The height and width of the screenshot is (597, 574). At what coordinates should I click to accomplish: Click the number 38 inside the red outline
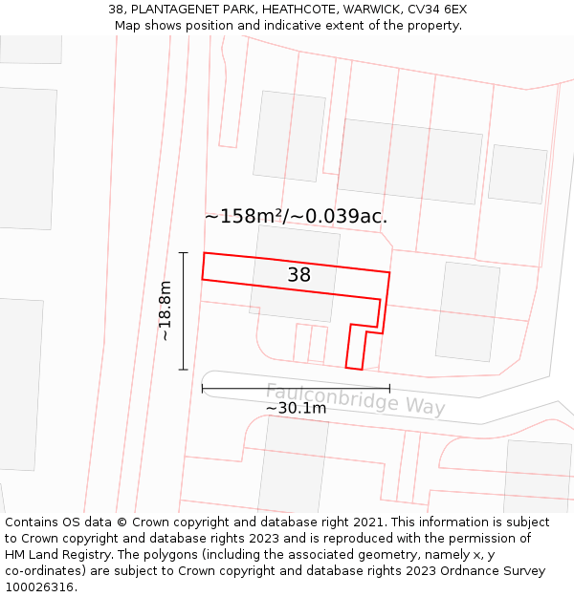tap(299, 275)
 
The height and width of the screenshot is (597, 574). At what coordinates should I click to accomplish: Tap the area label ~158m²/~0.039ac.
tap(296, 216)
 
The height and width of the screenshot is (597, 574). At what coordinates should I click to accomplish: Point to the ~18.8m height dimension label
tap(165, 310)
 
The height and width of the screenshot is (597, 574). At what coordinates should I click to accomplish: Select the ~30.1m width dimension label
tap(296, 408)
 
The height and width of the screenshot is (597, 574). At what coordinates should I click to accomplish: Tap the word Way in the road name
tap(426, 407)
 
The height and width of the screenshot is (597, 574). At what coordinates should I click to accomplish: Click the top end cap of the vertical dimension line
tap(183, 252)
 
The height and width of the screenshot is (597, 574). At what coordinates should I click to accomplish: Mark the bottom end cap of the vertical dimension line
tap(183, 369)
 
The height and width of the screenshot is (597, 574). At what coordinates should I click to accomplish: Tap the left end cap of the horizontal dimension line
tap(203, 388)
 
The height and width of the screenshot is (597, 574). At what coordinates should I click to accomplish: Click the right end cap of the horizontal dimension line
tap(389, 388)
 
